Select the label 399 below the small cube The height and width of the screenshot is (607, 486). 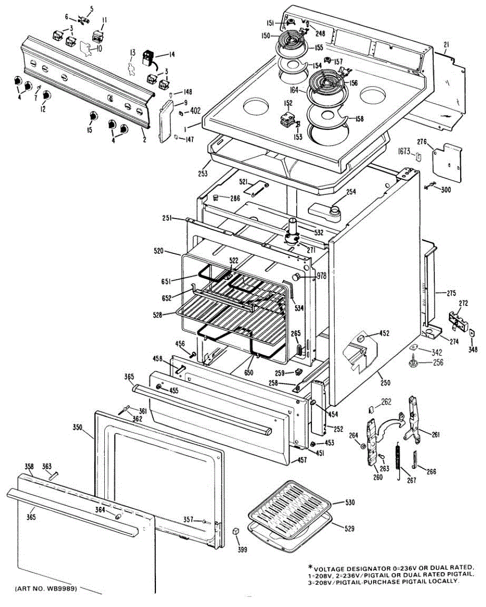click(x=242, y=549)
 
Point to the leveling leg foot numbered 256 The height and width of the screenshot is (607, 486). click(x=413, y=362)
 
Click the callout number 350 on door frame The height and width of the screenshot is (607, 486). click(x=77, y=427)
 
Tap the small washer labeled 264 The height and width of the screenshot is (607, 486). click(x=363, y=446)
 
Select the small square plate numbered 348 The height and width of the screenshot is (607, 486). click(x=472, y=333)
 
